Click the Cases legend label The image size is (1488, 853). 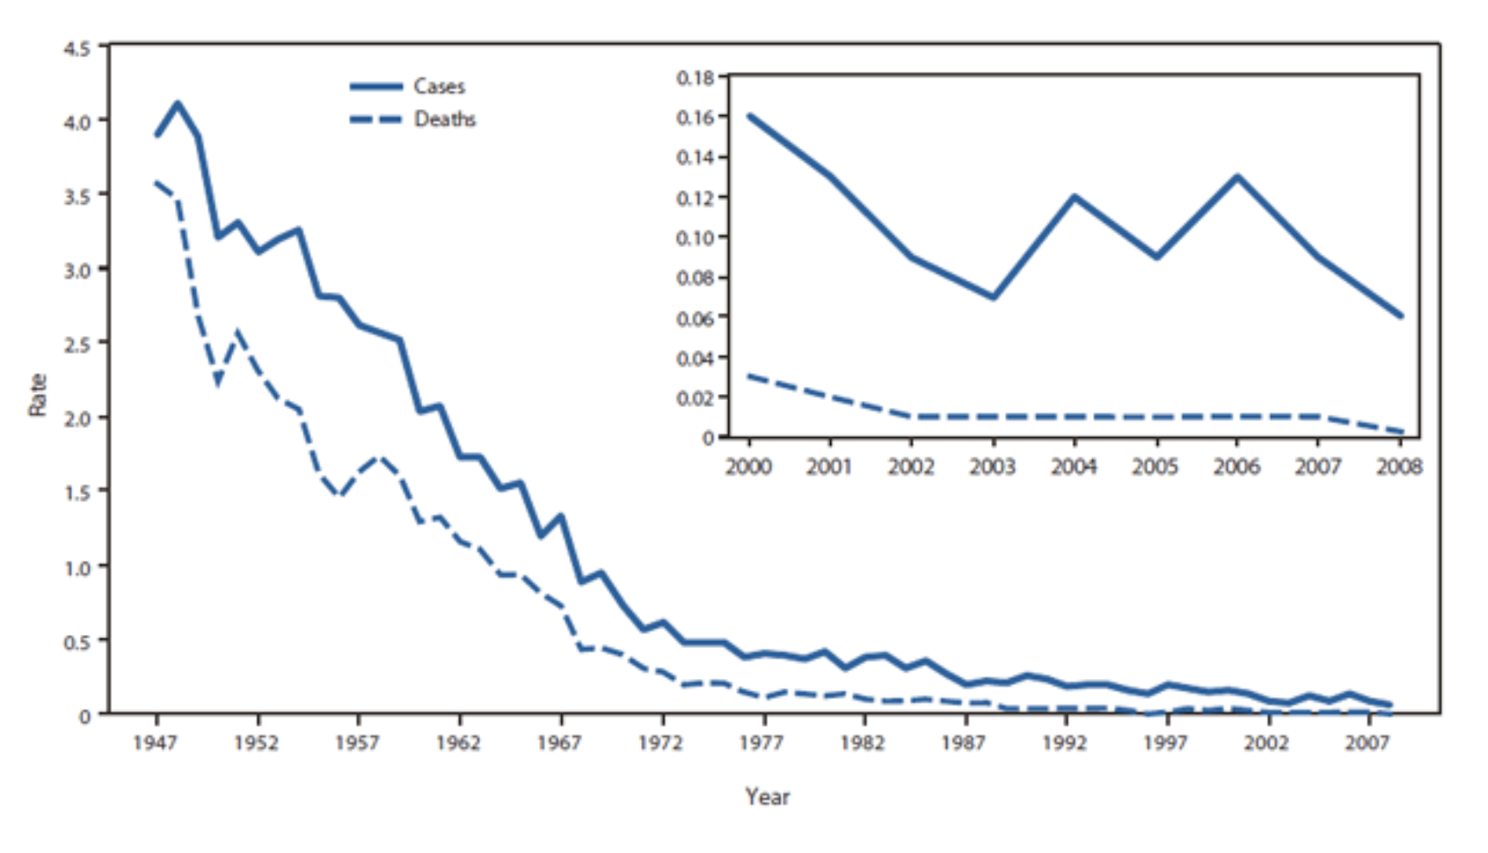point(439,86)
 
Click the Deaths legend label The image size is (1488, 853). point(444,119)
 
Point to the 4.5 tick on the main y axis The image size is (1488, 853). point(77,48)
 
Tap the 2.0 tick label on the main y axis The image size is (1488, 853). point(77,418)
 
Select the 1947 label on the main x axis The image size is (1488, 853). point(155,743)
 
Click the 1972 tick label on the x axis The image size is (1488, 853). point(660,743)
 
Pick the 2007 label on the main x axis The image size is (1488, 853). point(1367,743)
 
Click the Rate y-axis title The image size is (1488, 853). point(37,395)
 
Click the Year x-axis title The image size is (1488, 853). point(767,797)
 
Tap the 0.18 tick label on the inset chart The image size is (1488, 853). point(695,77)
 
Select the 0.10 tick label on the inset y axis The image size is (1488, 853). point(695,237)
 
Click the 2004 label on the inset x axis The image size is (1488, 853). point(1073,467)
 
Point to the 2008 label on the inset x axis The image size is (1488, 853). point(1398,467)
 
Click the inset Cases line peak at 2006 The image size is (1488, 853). point(1237,177)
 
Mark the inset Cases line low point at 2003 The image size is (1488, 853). point(993,297)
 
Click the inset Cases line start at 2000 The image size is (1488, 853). point(749,116)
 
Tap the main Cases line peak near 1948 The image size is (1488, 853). point(178,104)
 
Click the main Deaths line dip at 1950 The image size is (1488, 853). point(218,383)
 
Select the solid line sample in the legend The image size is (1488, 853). point(376,86)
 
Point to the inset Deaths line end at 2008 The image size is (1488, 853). point(1400,432)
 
